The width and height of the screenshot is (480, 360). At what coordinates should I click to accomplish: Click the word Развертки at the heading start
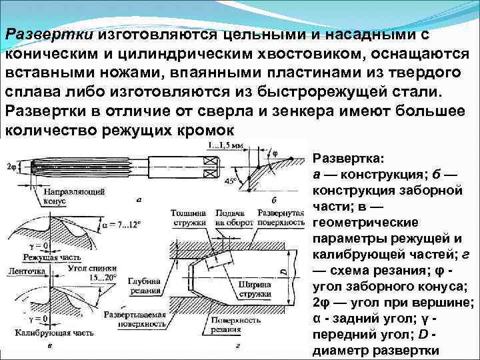tap(51, 34)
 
